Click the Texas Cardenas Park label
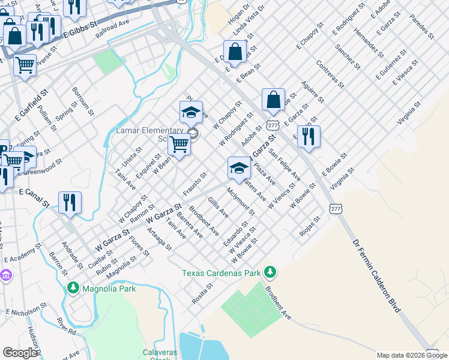(221, 273)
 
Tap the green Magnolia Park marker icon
(73, 289)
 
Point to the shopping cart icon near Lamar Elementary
(179, 144)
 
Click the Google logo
(20, 353)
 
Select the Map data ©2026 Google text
(412, 355)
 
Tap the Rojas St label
(310, 227)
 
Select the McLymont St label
(241, 201)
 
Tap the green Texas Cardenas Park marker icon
(270, 273)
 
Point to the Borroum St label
(83, 101)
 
